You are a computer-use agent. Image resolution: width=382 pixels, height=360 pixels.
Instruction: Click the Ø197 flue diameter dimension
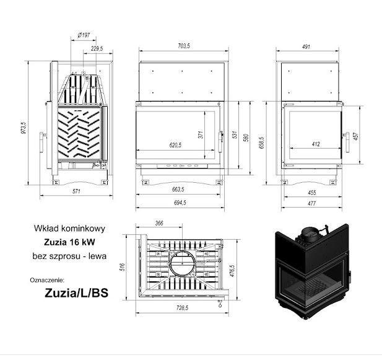84,35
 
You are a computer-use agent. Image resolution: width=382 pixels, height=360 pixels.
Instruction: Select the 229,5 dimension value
97,48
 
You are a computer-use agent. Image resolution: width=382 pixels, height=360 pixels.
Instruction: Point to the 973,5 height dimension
24,128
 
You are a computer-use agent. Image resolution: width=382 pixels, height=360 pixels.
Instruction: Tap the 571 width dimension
76,191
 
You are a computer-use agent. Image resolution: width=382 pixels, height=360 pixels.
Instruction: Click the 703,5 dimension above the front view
184,46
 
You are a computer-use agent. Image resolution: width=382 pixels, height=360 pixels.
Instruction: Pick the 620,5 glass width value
175,145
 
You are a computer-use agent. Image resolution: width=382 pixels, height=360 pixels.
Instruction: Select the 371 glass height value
201,135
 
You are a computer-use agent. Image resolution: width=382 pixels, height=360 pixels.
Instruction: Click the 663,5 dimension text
178,189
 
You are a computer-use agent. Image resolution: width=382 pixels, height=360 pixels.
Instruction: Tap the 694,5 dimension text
180,203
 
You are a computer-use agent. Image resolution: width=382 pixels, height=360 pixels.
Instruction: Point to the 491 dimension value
306,46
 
